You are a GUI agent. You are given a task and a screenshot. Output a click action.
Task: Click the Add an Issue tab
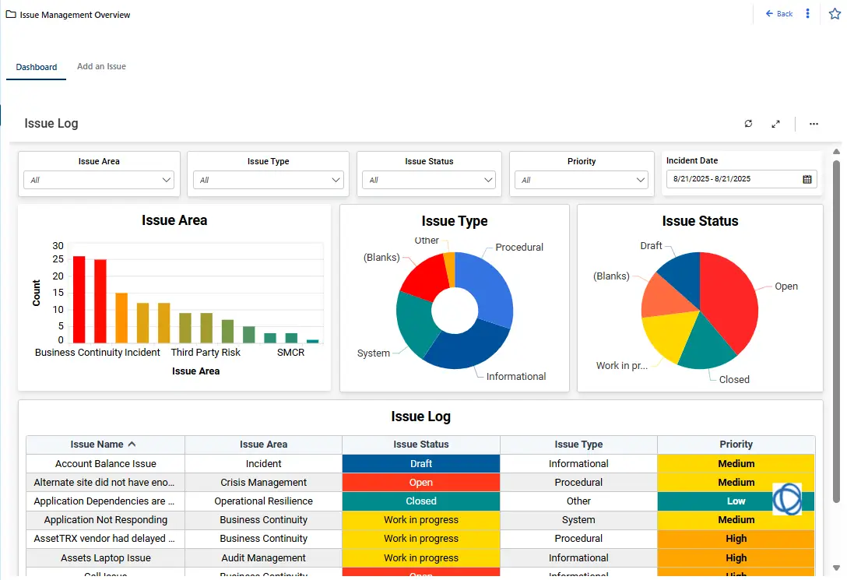click(x=101, y=67)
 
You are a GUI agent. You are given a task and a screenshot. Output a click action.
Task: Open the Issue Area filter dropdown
click(x=100, y=180)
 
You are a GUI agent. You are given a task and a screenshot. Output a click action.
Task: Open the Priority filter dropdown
click(x=582, y=180)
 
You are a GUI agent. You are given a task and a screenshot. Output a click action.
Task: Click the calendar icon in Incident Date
click(x=807, y=179)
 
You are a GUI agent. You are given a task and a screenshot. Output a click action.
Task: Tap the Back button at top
click(x=779, y=14)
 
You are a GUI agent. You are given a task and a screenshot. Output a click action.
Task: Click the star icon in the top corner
click(x=835, y=14)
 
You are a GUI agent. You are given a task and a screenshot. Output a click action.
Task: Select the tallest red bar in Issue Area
click(x=79, y=299)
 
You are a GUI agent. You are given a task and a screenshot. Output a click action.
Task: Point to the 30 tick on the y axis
click(x=58, y=246)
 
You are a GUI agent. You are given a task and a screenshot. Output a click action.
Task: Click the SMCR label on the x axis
click(x=290, y=353)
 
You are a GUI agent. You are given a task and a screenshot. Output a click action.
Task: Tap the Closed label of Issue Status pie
click(x=734, y=380)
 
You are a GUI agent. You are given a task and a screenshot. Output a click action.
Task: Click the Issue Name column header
click(x=97, y=445)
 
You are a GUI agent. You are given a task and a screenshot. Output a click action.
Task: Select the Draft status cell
click(x=421, y=464)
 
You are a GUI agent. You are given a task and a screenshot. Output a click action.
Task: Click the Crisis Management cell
click(x=263, y=483)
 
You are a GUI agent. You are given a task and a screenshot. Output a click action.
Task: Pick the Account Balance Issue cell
click(x=106, y=464)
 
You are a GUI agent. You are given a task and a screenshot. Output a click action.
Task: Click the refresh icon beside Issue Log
click(x=748, y=124)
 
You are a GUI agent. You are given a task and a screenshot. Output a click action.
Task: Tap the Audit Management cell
click(x=263, y=557)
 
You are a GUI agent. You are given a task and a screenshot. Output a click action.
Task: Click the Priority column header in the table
click(x=736, y=445)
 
